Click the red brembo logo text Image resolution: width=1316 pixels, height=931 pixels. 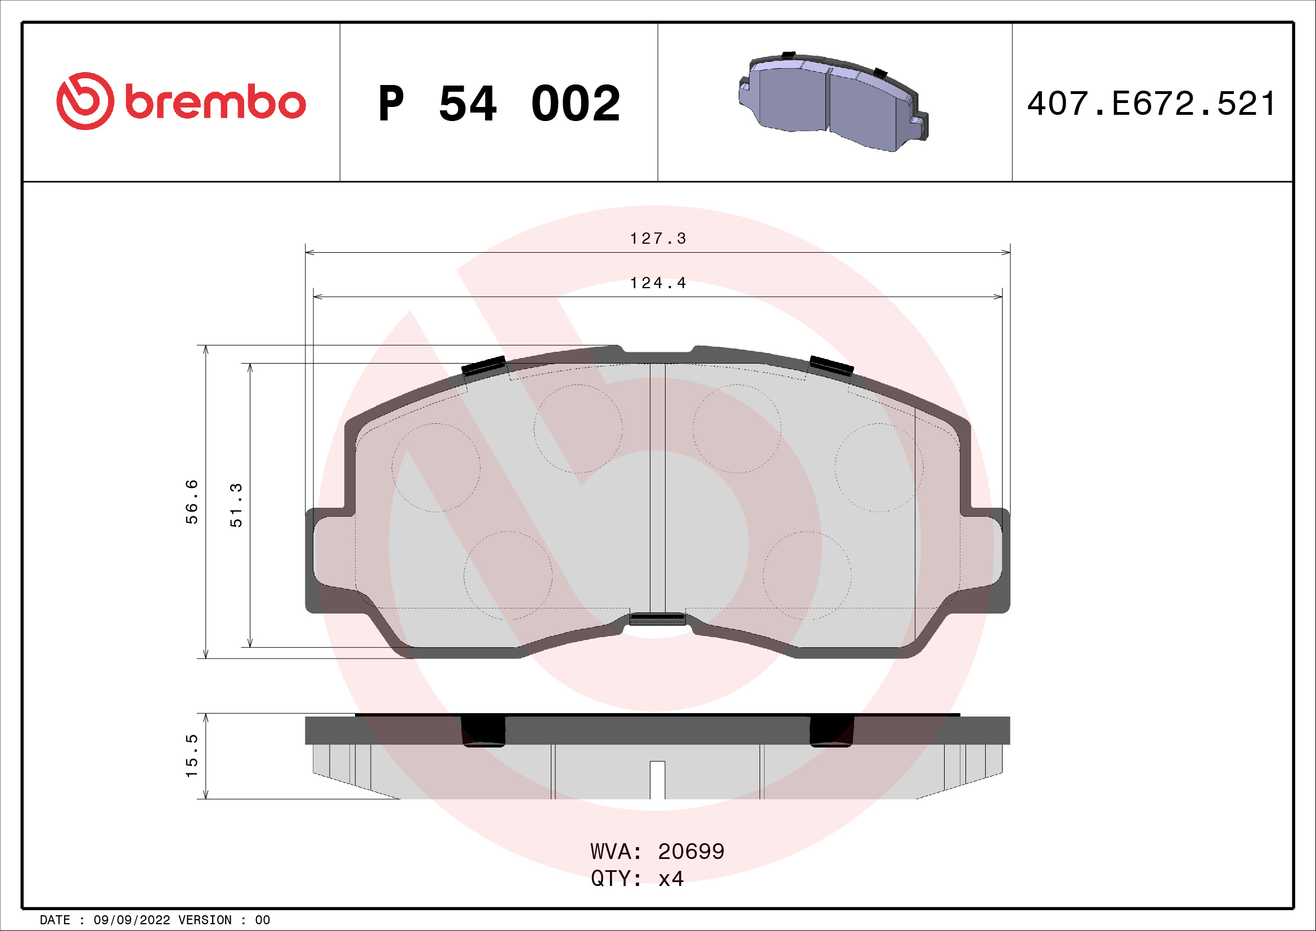coord(215,103)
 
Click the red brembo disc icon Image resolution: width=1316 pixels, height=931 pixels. coord(85,101)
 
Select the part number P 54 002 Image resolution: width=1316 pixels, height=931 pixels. coord(498,104)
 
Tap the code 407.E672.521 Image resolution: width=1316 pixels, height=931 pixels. coord(1151,104)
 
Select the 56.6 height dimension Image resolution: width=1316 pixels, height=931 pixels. coord(191,502)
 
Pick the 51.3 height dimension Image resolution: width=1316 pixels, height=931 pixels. coord(236,505)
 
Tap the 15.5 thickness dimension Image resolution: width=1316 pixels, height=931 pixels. coord(191,755)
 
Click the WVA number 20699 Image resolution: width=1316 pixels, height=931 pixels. coord(691,852)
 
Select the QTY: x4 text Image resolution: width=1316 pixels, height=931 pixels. coord(637,879)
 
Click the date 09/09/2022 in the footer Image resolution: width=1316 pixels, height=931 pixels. coord(131,920)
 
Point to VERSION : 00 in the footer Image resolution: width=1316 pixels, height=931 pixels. coord(223,920)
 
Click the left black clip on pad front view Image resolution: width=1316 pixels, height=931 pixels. coord(484,366)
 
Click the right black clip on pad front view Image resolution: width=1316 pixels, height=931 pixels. coord(831,366)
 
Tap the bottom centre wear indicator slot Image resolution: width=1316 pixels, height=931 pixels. coord(657,619)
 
